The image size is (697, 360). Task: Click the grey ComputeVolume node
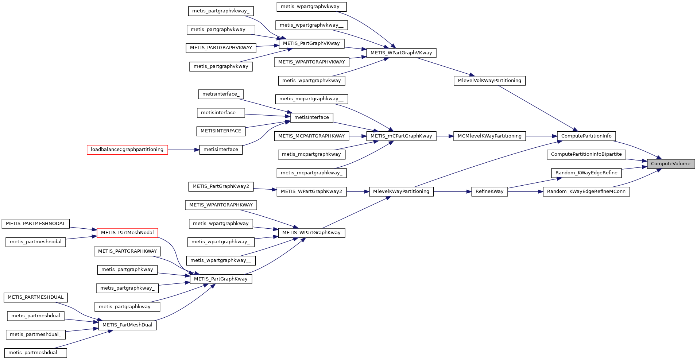[x=671, y=164]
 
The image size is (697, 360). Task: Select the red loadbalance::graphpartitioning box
[x=127, y=150]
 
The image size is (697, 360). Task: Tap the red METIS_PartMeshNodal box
[x=127, y=233]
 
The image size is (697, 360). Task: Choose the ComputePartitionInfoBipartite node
[x=586, y=154]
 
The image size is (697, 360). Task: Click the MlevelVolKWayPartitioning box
[x=489, y=81]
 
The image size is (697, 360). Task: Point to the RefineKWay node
[x=489, y=191]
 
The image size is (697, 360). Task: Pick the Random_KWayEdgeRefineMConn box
[x=586, y=191]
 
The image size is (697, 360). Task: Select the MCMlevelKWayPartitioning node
[x=489, y=136]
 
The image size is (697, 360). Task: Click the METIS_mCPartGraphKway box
[x=401, y=136]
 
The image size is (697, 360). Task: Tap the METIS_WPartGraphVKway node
[x=401, y=53]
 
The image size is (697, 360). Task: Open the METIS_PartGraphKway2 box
[x=221, y=186]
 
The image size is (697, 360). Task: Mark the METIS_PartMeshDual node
[x=127, y=325]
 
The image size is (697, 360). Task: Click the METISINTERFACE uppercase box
[x=221, y=131]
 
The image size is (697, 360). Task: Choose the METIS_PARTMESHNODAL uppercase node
[x=35, y=224]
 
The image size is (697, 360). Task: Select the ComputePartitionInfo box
[x=586, y=136]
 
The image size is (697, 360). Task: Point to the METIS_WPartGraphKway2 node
[x=311, y=191]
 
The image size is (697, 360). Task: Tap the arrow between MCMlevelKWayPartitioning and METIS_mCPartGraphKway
[x=445, y=136]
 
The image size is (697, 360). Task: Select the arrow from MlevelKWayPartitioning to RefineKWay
[x=452, y=191]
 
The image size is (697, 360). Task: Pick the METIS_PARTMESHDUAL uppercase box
[x=35, y=297]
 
